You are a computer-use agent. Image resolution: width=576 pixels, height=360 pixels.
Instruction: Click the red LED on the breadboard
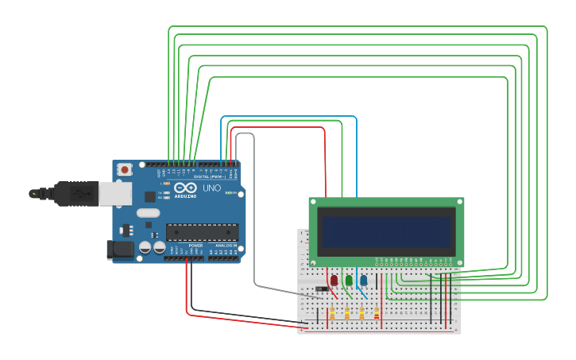point(334,281)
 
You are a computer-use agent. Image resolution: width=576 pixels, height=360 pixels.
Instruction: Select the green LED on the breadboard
point(349,281)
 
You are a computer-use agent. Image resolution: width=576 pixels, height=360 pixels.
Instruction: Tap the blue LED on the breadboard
point(364,281)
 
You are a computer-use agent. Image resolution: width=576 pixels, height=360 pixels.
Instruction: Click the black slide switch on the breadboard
point(322,288)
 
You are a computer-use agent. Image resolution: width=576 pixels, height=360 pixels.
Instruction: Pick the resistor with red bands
point(377,313)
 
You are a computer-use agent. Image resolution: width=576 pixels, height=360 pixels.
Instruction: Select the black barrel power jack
point(119,250)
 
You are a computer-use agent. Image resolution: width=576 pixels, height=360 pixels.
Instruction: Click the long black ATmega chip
point(202,232)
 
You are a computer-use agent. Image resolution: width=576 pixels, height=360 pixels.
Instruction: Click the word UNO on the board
point(211,188)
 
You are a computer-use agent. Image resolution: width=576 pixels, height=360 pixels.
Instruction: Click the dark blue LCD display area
point(385,231)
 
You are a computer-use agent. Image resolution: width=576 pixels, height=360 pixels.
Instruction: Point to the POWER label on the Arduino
point(195,246)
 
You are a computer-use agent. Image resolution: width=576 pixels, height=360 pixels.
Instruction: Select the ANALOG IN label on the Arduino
point(225,246)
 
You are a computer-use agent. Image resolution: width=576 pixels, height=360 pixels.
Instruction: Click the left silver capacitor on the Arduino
point(145,248)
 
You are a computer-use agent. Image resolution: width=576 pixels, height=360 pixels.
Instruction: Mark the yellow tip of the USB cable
point(33,193)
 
